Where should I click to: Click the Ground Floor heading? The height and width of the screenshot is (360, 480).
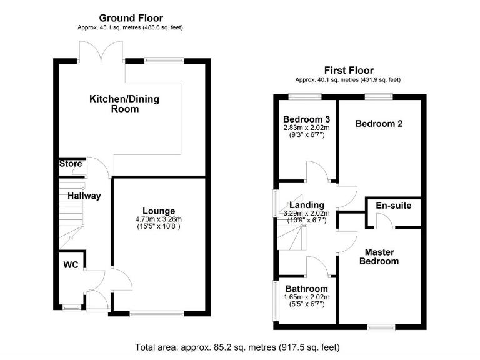tap(131, 18)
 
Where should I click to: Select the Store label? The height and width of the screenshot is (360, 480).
tap(71, 164)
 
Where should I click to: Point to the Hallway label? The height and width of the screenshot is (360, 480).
tap(84, 196)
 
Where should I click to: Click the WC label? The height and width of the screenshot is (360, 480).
tap(71, 265)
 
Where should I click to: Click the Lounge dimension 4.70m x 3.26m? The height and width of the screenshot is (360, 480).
tap(159, 219)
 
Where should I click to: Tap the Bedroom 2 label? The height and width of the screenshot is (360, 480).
tap(379, 124)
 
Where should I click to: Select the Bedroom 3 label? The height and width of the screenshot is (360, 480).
tap(306, 119)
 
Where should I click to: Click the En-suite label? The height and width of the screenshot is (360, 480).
tap(393, 205)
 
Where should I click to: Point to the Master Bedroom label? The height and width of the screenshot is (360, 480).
tap(379, 256)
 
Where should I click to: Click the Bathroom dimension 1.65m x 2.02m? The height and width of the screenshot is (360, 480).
tap(306, 297)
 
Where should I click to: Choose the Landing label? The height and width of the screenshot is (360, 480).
tap(306, 205)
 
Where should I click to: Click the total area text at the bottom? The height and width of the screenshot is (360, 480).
tap(237, 347)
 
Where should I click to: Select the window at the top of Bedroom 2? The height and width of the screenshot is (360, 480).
tap(379, 96)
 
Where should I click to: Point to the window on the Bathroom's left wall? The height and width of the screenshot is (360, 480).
tap(275, 301)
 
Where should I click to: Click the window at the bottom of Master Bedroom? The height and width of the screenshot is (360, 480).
tap(381, 327)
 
